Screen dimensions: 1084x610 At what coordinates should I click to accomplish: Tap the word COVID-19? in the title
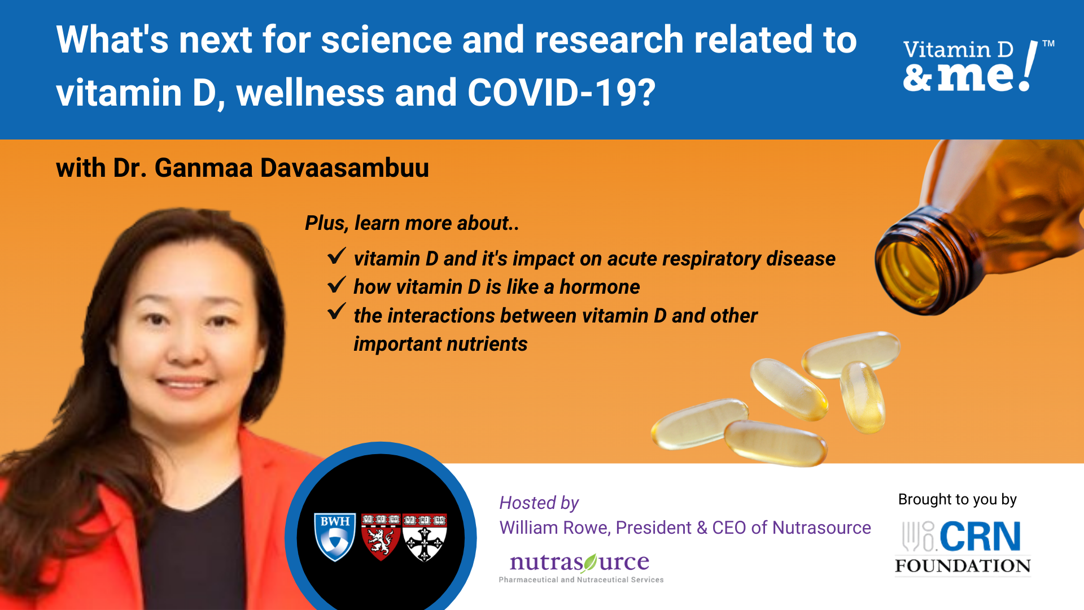[x=562, y=93]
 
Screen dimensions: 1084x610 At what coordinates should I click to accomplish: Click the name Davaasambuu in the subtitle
[x=344, y=168]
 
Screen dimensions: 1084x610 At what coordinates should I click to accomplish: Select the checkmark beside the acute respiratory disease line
[x=336, y=256]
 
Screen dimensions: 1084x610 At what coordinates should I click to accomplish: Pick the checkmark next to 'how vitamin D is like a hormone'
[x=336, y=284]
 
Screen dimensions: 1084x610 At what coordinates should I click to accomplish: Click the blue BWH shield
[x=335, y=537]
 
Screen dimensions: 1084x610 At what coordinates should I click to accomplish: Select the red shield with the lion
[x=381, y=537]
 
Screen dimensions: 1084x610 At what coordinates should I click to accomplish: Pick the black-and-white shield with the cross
[x=425, y=537]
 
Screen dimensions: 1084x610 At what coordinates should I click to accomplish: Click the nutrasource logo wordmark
[x=580, y=563]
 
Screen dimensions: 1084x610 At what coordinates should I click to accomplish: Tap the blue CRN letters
[x=980, y=536]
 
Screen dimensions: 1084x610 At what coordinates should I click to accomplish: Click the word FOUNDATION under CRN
[x=963, y=566]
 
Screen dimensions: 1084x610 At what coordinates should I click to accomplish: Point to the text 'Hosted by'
[x=539, y=503]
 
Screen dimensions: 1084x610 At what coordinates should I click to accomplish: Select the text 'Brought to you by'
[x=958, y=499]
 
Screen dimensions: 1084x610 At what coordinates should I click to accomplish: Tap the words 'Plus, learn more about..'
[x=412, y=223]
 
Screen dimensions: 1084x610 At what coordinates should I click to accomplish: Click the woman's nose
[x=186, y=350]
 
